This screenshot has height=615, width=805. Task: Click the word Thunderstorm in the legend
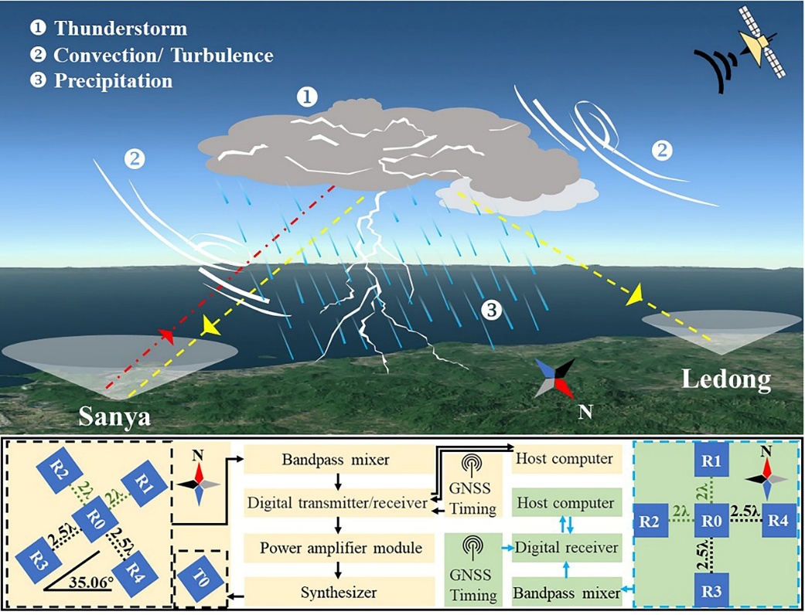121,29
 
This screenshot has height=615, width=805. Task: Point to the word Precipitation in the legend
113,80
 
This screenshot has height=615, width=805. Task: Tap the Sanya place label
114,417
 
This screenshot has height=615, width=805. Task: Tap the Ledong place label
726,379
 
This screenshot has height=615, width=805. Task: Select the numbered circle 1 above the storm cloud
308,97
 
